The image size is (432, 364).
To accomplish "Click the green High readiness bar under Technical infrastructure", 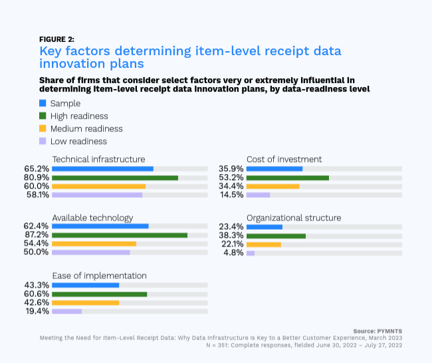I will click(x=115, y=178).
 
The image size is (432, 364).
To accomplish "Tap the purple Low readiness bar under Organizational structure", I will click(x=251, y=253).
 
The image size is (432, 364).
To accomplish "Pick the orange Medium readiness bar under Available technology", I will click(x=94, y=244).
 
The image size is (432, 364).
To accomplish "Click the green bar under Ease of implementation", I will click(x=99, y=294).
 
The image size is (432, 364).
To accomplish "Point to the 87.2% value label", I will click(x=37, y=235).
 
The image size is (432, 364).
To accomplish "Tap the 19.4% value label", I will click(x=37, y=311).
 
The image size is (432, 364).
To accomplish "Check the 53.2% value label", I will click(x=231, y=178).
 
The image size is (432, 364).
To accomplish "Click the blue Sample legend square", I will click(x=43, y=104).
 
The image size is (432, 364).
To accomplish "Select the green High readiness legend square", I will click(x=43, y=116).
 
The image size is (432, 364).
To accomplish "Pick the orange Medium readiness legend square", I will click(x=43, y=129).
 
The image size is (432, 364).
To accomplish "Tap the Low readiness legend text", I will click(x=78, y=141).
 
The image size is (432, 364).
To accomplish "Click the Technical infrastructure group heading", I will click(x=98, y=159).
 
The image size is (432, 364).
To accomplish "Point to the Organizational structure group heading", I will click(x=294, y=218).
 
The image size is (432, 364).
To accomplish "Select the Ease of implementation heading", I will click(x=99, y=276).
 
